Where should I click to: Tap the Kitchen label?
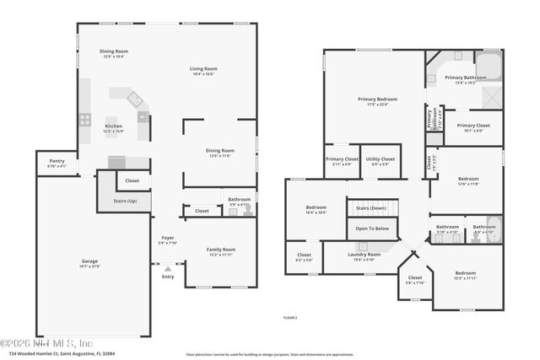tap(113, 126)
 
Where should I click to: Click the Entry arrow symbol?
tap(167, 269)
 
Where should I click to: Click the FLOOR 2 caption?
tap(289, 317)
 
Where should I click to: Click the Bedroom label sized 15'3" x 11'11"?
tap(466, 273)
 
